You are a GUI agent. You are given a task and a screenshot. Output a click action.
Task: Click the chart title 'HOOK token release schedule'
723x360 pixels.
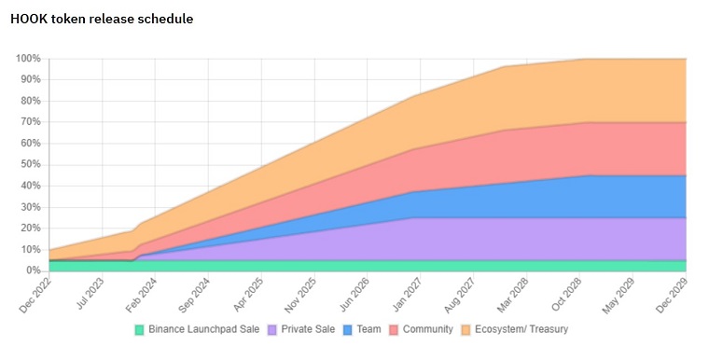102,19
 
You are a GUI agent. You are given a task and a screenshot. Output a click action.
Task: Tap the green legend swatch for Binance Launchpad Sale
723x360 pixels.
139,329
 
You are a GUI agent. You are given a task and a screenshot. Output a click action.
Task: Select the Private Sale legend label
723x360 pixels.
308,329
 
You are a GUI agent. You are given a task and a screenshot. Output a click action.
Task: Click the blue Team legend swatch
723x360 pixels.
348,329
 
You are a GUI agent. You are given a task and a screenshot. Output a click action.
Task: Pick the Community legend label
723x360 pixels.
428,329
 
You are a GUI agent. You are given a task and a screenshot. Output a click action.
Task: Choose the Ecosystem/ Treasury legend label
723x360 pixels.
521,329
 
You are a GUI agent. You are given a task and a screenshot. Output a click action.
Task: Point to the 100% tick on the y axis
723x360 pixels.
29,59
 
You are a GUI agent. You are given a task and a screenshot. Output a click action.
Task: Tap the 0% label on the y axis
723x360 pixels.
34,270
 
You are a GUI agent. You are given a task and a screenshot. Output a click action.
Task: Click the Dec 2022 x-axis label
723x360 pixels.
36,296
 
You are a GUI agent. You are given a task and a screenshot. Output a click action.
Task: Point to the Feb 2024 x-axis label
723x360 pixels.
142,296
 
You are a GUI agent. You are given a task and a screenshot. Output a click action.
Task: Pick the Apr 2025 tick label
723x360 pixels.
248,296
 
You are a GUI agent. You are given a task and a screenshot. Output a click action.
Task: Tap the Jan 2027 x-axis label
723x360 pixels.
407,296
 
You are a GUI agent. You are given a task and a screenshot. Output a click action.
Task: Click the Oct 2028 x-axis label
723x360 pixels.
566,296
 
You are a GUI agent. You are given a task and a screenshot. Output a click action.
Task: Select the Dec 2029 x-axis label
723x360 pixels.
673,296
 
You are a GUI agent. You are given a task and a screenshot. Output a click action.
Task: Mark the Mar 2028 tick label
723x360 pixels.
513,296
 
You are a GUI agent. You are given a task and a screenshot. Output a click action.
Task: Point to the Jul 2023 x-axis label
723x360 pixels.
90,296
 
